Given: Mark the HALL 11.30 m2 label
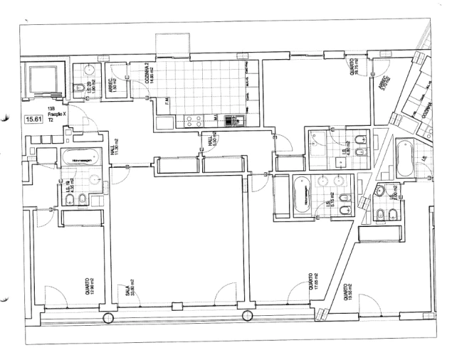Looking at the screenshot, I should click(x=115, y=151).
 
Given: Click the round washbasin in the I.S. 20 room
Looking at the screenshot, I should click(x=88, y=70).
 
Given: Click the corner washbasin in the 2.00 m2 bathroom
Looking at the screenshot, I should click(x=377, y=190).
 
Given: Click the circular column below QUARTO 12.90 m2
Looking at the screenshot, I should click(x=107, y=319).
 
